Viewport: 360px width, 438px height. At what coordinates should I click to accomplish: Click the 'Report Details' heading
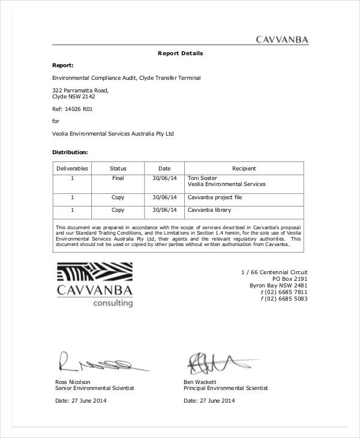180,53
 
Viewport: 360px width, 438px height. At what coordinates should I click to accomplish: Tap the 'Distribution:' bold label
70,152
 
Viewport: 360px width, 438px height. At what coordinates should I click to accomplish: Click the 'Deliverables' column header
72,169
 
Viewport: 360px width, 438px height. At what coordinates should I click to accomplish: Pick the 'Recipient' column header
244,169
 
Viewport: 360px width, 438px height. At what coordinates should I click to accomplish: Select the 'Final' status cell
118,178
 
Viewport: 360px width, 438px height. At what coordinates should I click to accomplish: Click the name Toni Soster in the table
203,178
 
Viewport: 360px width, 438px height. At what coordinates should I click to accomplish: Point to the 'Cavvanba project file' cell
214,197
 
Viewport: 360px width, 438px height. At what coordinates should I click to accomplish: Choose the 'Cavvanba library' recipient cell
209,210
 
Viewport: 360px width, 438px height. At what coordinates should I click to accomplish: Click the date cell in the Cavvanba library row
164,210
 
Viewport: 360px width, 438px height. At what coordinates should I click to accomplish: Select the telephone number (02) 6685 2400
284,292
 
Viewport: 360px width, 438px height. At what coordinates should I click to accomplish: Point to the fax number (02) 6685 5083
284,299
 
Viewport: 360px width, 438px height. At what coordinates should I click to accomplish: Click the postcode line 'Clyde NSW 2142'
74,96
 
